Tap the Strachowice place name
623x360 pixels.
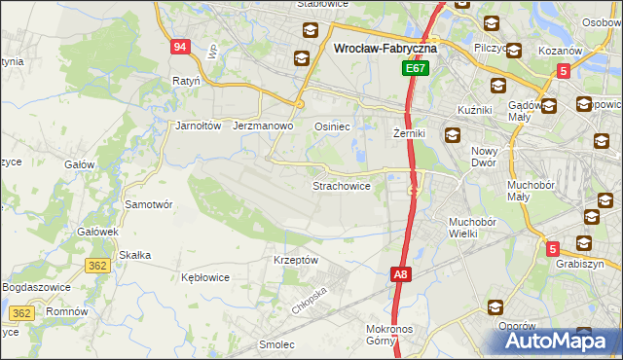[x=340, y=185]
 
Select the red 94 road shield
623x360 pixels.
[x=179, y=47]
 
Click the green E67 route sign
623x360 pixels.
[x=416, y=70]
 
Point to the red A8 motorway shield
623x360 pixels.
[x=401, y=275]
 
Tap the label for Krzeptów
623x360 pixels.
[x=296, y=261]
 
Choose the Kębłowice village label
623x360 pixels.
[x=205, y=277]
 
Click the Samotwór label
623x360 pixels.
[x=149, y=205]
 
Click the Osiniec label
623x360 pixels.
[x=332, y=126]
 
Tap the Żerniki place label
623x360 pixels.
[x=411, y=132]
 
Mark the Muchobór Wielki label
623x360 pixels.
[x=473, y=228]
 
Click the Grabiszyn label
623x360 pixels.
[x=580, y=264]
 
